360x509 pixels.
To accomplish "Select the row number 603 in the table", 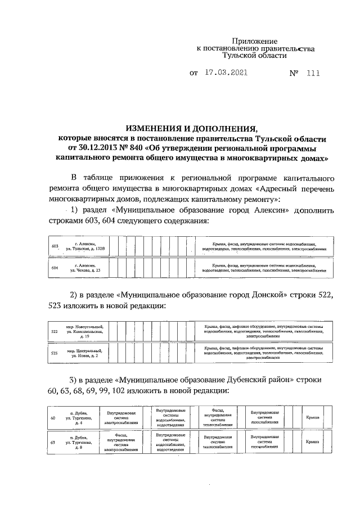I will click(x=55, y=246).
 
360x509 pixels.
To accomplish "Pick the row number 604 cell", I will click(x=55, y=268).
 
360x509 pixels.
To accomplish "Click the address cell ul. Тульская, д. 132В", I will click(x=85, y=246).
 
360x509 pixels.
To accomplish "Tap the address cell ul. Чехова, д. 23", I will click(x=85, y=268).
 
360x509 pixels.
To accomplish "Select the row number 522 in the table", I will click(x=55, y=332).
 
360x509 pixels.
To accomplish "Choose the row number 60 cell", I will click(x=53, y=418).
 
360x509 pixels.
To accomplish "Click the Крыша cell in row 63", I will click(x=313, y=443).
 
